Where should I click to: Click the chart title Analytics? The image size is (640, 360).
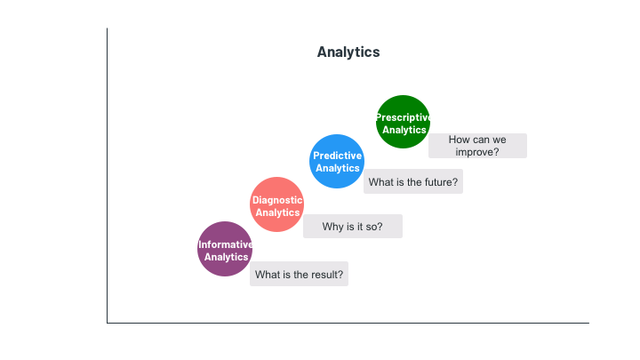348,52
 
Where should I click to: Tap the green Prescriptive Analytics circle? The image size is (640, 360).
403,122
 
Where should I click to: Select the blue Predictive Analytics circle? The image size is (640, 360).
337,161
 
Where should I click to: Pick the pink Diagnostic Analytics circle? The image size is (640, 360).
276,204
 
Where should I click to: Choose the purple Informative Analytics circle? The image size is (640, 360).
225,249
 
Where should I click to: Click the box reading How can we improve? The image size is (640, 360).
477,146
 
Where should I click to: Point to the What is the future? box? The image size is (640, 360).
413,181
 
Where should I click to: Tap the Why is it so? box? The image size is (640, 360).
353,226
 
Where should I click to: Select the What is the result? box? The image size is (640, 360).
300,274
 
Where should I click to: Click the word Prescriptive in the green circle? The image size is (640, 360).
403,117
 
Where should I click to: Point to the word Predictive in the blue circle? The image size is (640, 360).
337,156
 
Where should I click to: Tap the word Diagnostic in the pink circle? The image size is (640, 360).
277,200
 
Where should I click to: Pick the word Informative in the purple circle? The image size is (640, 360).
225,244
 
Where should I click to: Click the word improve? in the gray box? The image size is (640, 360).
477,152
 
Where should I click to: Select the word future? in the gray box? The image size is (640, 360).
441,182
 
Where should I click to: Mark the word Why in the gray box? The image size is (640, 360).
332,227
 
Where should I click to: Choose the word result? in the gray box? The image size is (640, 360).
327,275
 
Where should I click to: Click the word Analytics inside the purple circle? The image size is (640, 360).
226,257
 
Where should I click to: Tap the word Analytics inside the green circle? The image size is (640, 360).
404,130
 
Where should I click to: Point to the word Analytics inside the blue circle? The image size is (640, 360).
338,168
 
